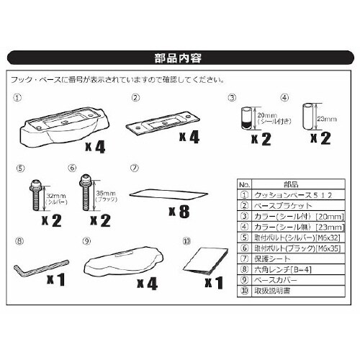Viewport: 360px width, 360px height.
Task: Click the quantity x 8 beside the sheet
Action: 181,213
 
